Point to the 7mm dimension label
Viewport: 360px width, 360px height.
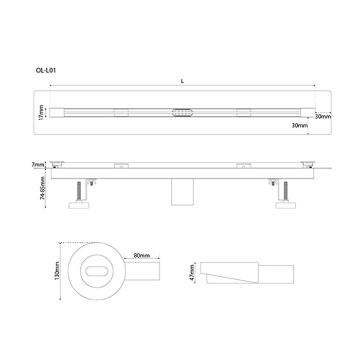point(38,164)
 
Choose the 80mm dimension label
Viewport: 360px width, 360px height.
point(141,256)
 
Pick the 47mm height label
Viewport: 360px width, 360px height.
point(192,274)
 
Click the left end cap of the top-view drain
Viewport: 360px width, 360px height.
point(57,112)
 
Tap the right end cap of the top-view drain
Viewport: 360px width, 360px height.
point(306,112)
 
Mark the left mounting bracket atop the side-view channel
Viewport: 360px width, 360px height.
point(121,166)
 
